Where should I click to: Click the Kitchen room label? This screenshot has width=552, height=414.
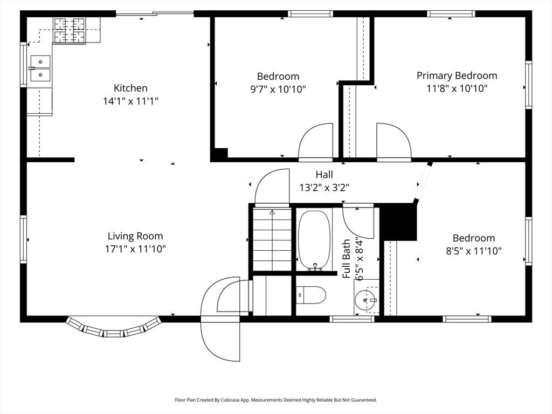tap(130, 88)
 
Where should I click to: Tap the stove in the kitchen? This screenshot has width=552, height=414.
tap(70, 30)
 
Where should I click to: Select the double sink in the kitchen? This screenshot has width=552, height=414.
tap(40, 68)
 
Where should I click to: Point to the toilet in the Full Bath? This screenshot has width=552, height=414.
tap(310, 295)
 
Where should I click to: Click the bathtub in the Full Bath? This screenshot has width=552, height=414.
tap(315, 241)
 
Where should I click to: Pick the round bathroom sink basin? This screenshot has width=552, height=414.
tap(365, 300)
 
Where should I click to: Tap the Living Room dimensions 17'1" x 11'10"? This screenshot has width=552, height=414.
tap(135, 249)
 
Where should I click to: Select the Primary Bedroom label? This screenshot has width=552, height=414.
tap(457, 75)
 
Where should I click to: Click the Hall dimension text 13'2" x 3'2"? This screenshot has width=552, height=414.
tap(324, 188)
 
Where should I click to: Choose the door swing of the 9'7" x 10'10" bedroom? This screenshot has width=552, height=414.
tap(315, 141)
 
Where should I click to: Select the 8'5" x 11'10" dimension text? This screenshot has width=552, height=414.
tap(474, 251)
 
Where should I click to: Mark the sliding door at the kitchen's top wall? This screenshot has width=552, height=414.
tap(155, 13)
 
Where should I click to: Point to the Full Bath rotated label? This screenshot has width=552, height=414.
tap(347, 259)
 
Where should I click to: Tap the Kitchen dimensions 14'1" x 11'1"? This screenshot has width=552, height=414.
tap(130, 101)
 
